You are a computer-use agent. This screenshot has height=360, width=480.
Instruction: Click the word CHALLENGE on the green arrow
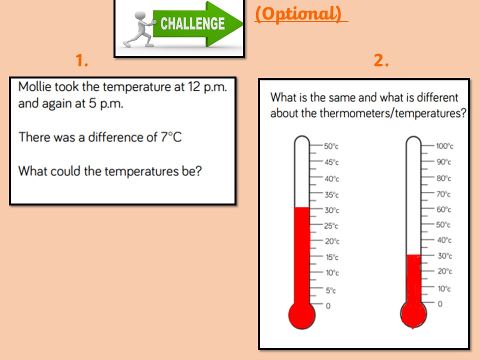192,23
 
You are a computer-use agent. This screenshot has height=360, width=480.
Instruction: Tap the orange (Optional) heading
298,14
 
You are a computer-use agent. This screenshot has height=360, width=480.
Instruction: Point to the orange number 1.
81,60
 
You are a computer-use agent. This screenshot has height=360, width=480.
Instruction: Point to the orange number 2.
381,60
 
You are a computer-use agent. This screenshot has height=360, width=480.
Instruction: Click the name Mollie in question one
35,87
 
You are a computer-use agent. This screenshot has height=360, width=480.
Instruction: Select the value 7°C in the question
171,137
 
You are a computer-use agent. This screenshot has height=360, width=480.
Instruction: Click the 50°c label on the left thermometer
331,146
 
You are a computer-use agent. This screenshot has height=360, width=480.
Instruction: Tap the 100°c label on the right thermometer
445,145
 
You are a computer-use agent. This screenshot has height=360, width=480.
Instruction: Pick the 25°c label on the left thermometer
331,226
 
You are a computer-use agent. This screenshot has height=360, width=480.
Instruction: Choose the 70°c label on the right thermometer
444,194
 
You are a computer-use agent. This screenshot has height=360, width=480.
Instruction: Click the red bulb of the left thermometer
302,315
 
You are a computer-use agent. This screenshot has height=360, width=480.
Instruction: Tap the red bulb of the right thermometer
413,314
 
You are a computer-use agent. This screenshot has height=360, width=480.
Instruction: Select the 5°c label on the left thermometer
330,290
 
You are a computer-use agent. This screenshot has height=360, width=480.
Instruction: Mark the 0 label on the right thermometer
440,304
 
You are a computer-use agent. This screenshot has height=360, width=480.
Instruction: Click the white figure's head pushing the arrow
140,16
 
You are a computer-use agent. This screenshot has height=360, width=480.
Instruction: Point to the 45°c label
332,162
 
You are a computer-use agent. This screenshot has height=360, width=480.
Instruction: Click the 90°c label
444,161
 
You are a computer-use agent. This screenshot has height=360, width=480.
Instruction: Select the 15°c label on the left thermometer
332,257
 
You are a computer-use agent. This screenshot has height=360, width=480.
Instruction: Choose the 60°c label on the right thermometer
444,209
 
